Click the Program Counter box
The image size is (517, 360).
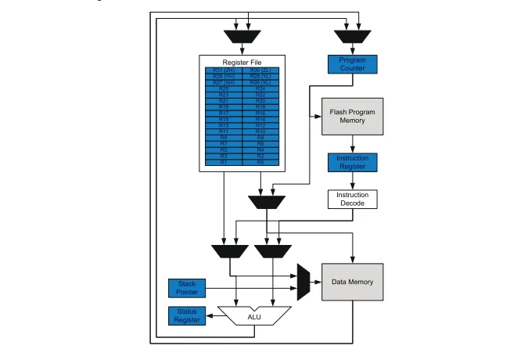(x=352, y=64)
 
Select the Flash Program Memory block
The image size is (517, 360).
(x=352, y=117)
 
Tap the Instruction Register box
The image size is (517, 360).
(x=352, y=163)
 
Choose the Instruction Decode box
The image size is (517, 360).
(x=352, y=199)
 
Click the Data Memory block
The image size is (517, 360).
(x=352, y=282)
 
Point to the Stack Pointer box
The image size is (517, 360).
(x=187, y=288)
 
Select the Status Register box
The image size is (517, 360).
(x=187, y=315)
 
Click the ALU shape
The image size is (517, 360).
(x=254, y=315)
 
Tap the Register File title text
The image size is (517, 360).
(x=242, y=61)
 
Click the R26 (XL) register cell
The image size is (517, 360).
(x=260, y=82)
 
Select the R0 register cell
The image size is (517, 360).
(x=260, y=162)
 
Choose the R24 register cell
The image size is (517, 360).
(x=260, y=88)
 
